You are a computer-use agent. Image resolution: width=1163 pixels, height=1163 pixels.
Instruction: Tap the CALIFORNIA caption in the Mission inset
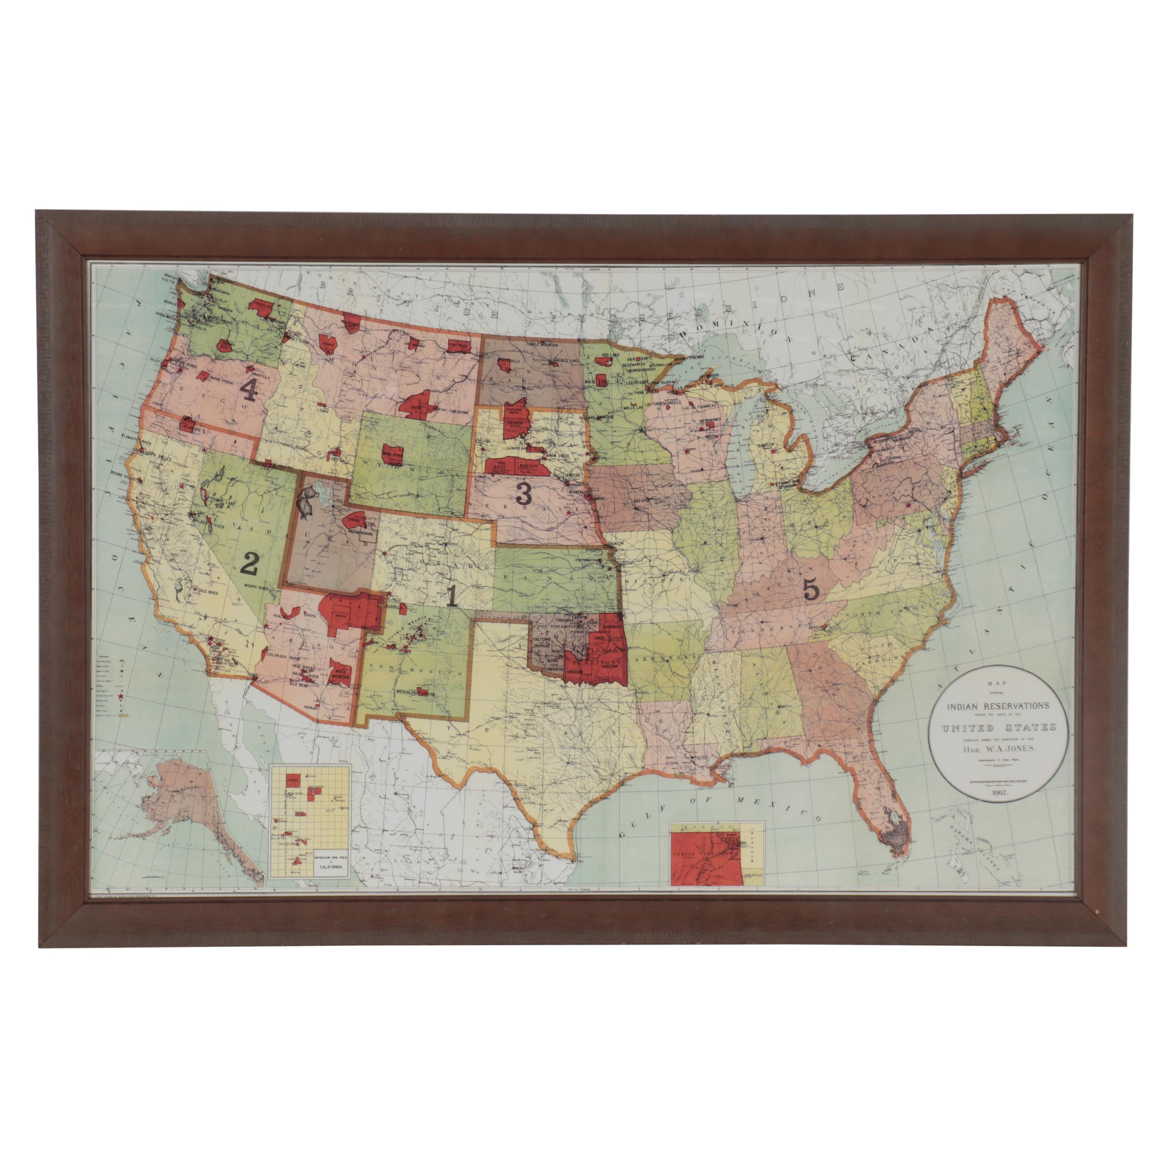tap(331, 867)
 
